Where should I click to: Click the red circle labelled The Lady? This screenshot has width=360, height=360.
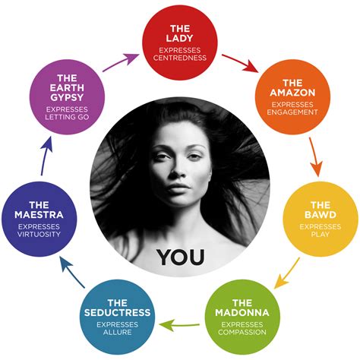(180, 43)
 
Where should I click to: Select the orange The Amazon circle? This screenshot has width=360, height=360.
(292, 97)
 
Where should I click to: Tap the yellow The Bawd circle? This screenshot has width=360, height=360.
(321, 219)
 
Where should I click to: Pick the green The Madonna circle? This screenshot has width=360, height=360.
(242, 317)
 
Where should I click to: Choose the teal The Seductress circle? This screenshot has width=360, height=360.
(117, 317)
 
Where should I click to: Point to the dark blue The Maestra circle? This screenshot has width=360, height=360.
(39, 219)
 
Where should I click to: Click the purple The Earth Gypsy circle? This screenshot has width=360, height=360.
(67, 97)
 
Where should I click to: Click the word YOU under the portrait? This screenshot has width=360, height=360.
(180, 257)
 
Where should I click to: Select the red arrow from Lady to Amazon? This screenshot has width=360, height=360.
(240, 63)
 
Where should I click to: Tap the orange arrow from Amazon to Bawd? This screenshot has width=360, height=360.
(315, 157)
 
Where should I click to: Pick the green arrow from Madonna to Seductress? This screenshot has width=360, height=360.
(179, 325)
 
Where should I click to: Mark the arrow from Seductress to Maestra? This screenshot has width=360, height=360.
(72, 272)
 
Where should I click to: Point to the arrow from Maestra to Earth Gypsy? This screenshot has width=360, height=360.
(46, 156)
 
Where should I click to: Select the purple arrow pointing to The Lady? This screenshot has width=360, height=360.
(121, 62)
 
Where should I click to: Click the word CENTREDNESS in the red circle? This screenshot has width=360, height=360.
(180, 58)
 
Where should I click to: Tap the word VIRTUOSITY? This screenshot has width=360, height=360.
(39, 234)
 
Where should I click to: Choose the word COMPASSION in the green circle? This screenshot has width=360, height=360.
(242, 332)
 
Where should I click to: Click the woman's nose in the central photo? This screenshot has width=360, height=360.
(178, 169)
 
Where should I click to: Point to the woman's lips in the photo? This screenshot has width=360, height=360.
(178, 188)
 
